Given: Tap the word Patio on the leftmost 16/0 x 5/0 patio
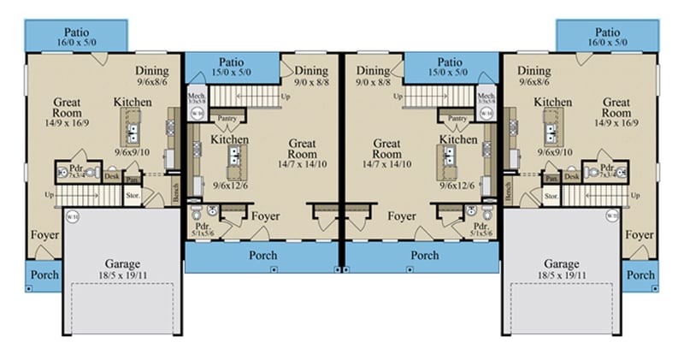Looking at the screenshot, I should coord(75,29).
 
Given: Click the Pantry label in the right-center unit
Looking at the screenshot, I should coord(457,118).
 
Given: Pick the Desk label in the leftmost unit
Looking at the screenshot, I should coord(112,176).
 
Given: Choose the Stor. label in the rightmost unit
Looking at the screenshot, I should coord(551,195).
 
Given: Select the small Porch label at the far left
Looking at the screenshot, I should coord(41,275).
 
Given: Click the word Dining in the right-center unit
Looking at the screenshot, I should coord(373,71).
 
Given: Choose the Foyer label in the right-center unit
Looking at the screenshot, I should coord(401,216).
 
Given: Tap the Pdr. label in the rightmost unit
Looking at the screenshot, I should coord(607,168).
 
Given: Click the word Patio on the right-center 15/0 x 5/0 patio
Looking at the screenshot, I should coord(451,62).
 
